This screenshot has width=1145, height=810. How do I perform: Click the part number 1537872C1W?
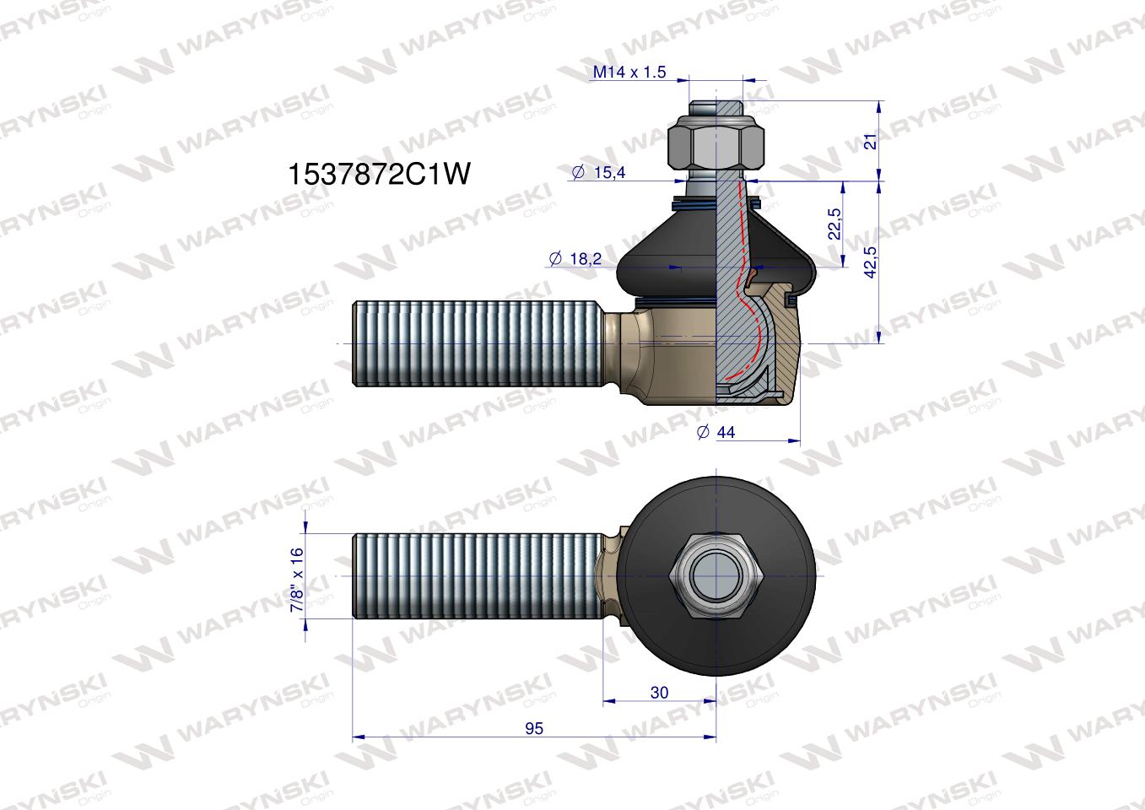(379, 174)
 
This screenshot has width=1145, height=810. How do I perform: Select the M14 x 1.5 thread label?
(629, 72)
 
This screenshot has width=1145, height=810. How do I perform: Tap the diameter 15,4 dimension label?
(598, 172)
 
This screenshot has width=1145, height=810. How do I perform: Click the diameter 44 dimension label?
(716, 432)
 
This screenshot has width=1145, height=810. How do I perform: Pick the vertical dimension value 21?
(870, 142)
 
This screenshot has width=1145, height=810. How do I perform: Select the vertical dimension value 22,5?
(834, 224)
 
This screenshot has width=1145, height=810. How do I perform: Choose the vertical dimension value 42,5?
(870, 262)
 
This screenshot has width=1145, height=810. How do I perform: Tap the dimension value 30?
(659, 693)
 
